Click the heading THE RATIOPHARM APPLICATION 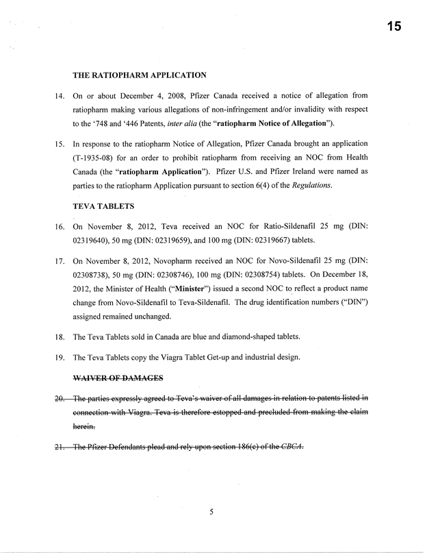click(x=140, y=75)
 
